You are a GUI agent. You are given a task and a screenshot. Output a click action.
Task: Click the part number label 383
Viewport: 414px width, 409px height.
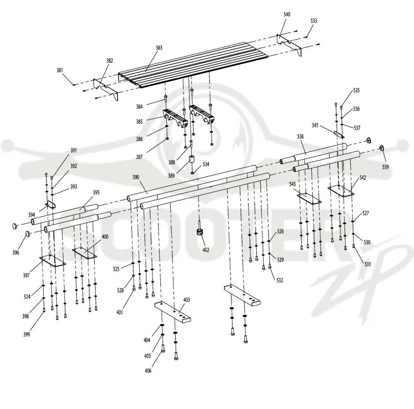[159, 48]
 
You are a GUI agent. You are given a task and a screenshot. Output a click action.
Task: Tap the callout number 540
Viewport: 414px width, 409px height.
[287, 14]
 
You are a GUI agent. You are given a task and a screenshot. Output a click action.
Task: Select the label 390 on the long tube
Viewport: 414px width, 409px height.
[136, 177]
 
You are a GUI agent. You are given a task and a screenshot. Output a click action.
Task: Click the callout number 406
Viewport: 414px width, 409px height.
[148, 371]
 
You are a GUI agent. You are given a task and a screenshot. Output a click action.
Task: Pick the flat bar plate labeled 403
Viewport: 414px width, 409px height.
[173, 312]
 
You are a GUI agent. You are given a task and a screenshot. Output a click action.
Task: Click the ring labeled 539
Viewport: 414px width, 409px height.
[382, 148]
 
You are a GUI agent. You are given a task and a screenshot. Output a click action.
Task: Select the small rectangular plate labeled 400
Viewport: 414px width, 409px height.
[84, 253]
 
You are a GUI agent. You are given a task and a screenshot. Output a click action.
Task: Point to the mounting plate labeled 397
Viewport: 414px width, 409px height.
[53, 261]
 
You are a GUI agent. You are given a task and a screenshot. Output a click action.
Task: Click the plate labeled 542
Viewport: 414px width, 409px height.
[341, 191]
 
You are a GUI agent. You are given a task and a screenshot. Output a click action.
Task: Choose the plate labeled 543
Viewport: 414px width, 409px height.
[309, 199]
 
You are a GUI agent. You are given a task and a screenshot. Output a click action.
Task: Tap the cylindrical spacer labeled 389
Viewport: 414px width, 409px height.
[192, 159]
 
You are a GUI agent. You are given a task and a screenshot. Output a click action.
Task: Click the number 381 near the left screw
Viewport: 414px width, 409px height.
[60, 70]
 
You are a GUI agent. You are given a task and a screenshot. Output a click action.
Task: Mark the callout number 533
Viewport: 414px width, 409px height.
[314, 21]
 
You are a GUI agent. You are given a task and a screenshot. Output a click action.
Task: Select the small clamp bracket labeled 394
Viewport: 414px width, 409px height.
[50, 204]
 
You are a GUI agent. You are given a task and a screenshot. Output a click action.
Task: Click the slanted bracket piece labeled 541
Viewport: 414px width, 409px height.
[339, 134]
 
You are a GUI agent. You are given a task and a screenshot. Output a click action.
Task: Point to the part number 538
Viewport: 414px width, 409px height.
[300, 137]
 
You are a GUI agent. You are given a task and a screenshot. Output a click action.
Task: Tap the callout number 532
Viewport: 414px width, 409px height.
[280, 280]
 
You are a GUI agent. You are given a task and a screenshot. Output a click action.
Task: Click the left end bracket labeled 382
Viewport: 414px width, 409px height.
[106, 90]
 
